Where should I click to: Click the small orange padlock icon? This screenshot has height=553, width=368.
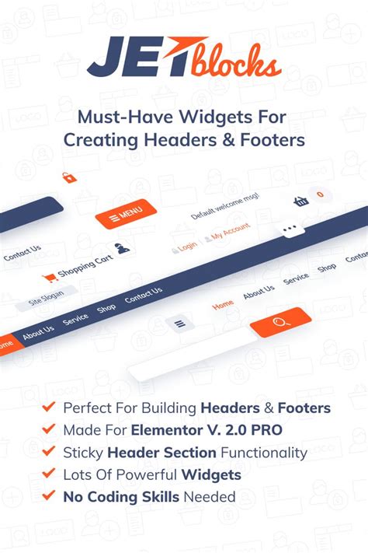[x=69, y=177]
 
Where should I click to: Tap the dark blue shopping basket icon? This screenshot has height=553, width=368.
[x=301, y=201]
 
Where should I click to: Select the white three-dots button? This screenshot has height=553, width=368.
[x=290, y=229]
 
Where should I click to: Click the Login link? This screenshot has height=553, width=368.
[x=187, y=247]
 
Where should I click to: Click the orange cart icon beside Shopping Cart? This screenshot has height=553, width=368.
[x=50, y=277]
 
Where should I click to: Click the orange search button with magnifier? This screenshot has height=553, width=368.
[x=280, y=319]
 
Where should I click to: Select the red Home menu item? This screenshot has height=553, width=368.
[x=223, y=305]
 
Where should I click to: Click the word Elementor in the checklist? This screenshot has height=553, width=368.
[x=165, y=430]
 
